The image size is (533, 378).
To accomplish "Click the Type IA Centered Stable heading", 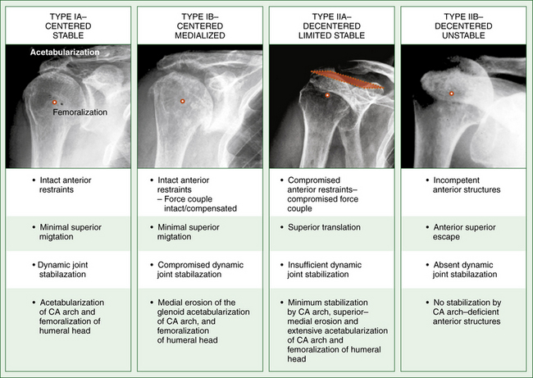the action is tap(68, 26).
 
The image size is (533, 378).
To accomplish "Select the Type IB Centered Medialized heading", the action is tap(200, 26).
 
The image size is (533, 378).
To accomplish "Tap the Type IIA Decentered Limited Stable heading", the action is tap(332, 26).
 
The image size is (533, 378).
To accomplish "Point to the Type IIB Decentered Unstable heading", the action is tap(463, 26).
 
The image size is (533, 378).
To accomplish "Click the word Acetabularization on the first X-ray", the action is tap(65, 52).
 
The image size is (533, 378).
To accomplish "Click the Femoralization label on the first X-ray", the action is tap(80, 112).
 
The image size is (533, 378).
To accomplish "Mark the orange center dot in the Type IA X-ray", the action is tap(54, 102).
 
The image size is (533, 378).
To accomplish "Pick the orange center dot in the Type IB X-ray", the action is tap(183, 101).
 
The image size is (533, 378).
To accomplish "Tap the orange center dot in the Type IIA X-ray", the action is tap(327, 95).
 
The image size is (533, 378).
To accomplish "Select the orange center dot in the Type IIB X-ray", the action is tap(452, 93).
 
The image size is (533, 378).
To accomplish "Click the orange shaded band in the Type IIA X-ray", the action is tap(347, 80).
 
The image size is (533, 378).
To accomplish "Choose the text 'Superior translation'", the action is tap(324, 227).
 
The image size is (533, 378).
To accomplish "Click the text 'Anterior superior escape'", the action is tap(464, 232).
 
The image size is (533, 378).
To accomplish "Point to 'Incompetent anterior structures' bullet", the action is tap(467, 185).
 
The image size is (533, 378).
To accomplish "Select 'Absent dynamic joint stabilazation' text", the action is tap(465, 270).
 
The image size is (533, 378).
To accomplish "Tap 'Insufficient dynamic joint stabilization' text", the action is tap(324, 270).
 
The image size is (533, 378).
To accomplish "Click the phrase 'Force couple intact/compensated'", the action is tap(197, 203).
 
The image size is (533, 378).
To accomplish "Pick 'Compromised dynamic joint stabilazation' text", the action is tap(200, 270).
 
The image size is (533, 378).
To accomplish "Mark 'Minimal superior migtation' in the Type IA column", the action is tap(71, 232).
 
